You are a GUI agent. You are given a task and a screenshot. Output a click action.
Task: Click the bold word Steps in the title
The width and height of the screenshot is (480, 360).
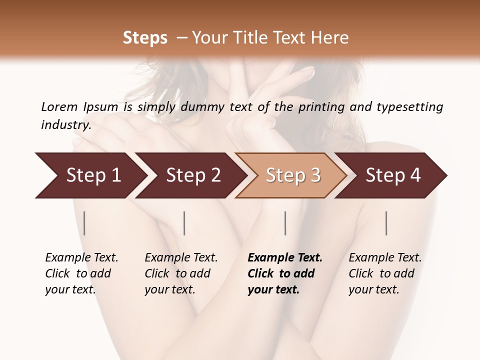click(145, 37)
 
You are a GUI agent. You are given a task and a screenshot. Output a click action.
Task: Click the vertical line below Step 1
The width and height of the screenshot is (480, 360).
click(84, 223)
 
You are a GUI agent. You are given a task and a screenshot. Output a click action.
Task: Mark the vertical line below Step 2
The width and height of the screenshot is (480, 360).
click(184, 223)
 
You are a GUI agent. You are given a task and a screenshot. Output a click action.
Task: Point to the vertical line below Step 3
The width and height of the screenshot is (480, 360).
click(285, 223)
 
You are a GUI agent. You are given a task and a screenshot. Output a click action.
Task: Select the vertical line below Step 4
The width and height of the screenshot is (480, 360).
click(386, 223)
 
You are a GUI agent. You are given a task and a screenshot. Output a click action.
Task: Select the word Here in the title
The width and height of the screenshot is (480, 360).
click(332, 37)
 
